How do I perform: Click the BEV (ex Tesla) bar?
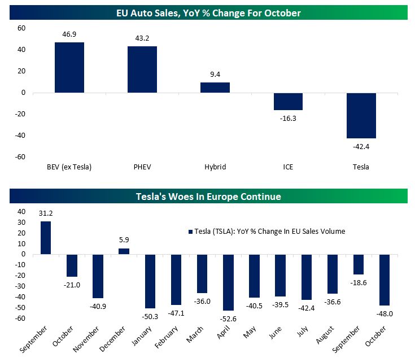click(x=69, y=67)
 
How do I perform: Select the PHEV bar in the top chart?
click(x=142, y=69)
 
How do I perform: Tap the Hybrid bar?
click(x=215, y=88)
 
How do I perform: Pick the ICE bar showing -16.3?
click(x=288, y=102)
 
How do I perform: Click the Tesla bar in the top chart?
click(x=361, y=115)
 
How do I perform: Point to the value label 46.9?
click(x=69, y=35)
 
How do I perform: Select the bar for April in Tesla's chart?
click(x=229, y=282)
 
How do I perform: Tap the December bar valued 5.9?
click(x=124, y=251)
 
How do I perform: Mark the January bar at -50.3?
click(x=150, y=281)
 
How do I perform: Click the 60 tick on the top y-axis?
click(x=21, y=28)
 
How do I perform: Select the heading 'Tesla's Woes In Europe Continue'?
click(x=208, y=197)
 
